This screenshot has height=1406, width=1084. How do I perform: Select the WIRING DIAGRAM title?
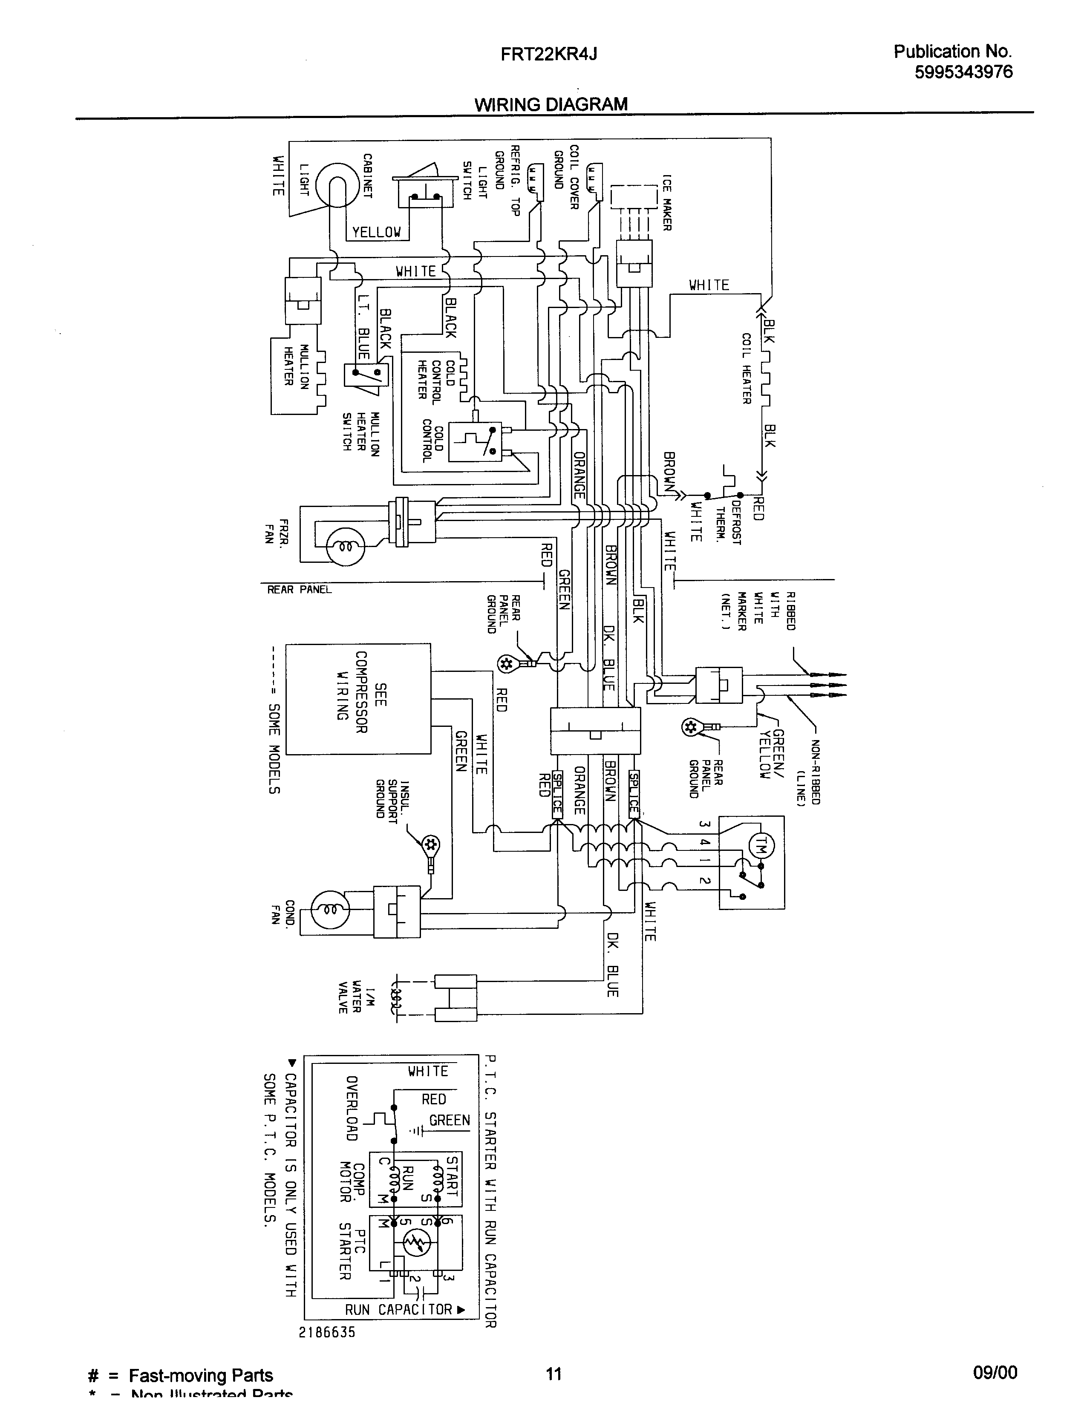(551, 104)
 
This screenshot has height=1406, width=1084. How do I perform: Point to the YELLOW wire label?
(377, 232)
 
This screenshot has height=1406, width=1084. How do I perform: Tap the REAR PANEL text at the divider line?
(299, 589)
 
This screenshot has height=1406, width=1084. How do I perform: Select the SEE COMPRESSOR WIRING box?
(358, 698)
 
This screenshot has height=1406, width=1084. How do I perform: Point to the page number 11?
(554, 1374)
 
